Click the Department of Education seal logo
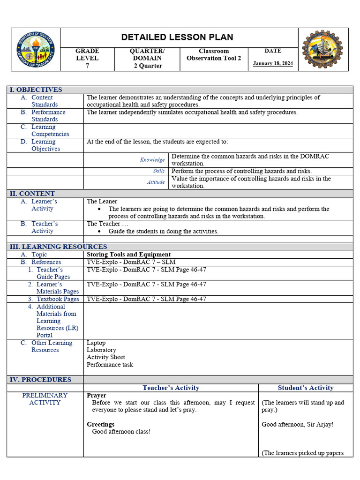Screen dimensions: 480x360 tap(36, 49)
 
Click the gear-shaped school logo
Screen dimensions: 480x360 tap(322, 49)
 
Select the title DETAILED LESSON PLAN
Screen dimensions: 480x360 tap(177, 37)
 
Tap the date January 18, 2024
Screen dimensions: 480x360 tap(273, 63)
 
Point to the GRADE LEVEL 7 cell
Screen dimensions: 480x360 tap(87, 58)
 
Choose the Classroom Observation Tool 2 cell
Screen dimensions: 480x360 tap(214, 54)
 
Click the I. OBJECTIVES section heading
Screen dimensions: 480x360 tap(36, 90)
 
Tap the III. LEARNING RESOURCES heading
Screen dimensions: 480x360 tap(58, 247)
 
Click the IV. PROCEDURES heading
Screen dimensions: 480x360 tap(41, 379)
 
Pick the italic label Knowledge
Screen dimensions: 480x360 tap(152, 160)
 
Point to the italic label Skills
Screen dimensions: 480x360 tap(158, 171)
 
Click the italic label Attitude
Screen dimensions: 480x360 tap(156, 182)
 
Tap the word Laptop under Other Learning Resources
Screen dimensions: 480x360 tap(96, 343)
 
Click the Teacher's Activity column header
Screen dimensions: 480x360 tap(171, 388)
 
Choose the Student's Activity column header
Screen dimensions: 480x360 tap(306, 388)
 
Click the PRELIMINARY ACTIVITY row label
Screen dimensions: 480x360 tap(45, 398)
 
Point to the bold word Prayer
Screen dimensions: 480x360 tap(97, 395)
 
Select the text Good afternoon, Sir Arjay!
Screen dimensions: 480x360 tap(297, 424)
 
